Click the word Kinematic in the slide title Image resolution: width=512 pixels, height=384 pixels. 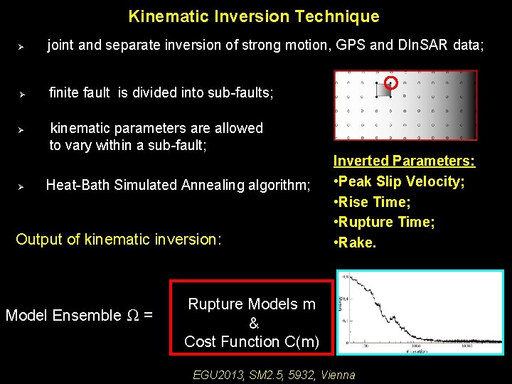pyautogui.click(x=162, y=16)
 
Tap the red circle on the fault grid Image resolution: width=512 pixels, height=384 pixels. pyautogui.click(x=390, y=82)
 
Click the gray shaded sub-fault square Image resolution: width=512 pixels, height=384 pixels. pyautogui.click(x=383, y=90)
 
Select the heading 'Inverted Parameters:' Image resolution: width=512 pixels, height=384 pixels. pyautogui.click(x=404, y=161)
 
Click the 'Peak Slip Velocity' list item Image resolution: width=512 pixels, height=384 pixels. pyautogui.click(x=399, y=181)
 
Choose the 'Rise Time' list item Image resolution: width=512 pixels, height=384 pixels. pyautogui.click(x=372, y=202)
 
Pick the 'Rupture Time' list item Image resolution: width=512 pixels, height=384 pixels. pyautogui.click(x=384, y=222)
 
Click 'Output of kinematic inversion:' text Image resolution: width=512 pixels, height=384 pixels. pyautogui.click(x=119, y=239)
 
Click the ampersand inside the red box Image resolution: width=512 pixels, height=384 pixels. pyautogui.click(x=253, y=323)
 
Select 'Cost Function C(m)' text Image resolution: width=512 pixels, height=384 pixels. pyautogui.click(x=252, y=341)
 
